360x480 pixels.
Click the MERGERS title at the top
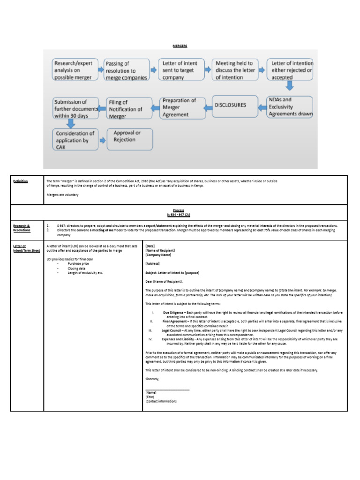(x=180, y=45)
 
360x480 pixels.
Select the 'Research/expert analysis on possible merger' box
(x=75, y=70)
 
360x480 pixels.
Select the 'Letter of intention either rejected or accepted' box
(x=290, y=70)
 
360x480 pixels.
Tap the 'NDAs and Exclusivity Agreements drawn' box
(x=290, y=107)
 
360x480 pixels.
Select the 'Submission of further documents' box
(x=75, y=108)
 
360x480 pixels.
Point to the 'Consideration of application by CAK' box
(x=75, y=140)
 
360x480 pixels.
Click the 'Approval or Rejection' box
(x=129, y=139)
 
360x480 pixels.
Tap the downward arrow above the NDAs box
(x=290, y=86)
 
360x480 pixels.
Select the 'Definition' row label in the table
(x=20, y=181)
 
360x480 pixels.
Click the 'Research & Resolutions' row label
(x=22, y=228)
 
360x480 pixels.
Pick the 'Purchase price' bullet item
(x=80, y=263)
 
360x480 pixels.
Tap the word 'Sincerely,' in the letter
(x=152, y=379)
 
